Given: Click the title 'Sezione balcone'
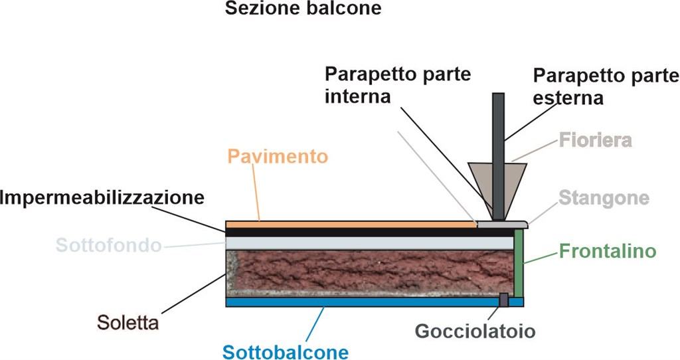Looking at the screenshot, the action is [x=303, y=8].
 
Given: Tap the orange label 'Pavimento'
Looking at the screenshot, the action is [x=278, y=156].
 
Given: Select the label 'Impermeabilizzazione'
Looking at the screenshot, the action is [x=102, y=198].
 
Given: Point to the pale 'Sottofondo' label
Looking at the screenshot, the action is [x=108, y=245].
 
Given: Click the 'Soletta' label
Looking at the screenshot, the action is [x=128, y=323].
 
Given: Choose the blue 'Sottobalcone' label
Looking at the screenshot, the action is [x=286, y=352].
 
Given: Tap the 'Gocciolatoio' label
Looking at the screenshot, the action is [x=475, y=331].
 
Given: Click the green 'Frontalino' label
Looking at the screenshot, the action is [x=608, y=251].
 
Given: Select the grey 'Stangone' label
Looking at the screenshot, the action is [x=604, y=198].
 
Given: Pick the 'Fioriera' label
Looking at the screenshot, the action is [x=596, y=140].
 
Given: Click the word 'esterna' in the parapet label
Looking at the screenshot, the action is [x=568, y=98].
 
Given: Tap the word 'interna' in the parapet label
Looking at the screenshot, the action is [x=358, y=96].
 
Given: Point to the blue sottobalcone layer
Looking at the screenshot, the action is [x=375, y=302].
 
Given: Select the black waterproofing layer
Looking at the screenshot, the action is [x=370, y=232].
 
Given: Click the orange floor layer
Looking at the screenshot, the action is [x=351, y=225].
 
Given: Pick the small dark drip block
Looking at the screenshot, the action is [x=503, y=300].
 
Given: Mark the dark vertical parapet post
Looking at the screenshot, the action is [x=498, y=157].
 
